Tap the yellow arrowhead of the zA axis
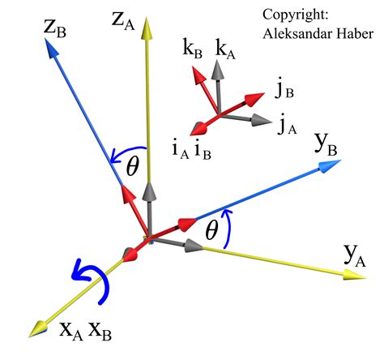(147, 26)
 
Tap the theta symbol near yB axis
(212, 232)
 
